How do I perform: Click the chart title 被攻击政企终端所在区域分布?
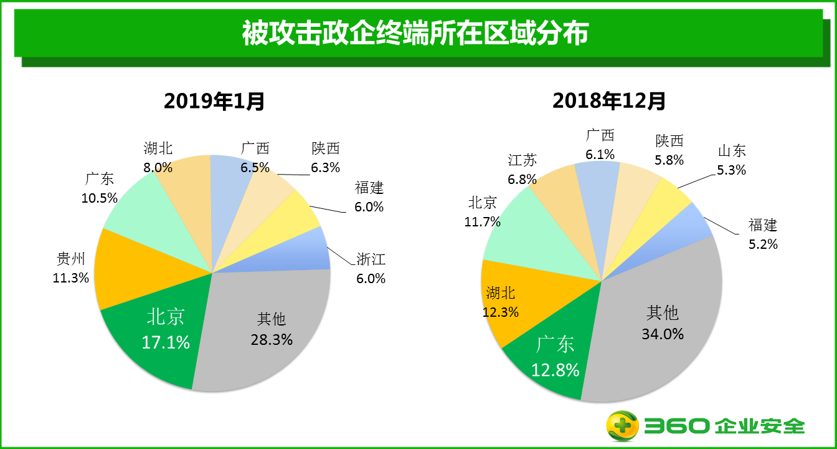pos(415,34)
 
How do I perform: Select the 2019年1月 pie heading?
pos(214,100)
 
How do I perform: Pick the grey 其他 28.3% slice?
pos(268,331)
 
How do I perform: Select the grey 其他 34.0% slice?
pos(660,324)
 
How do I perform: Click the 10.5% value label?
pos(99,198)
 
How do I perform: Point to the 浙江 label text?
pos(371,259)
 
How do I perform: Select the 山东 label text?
pos(732,151)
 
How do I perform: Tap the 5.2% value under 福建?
pos(763,244)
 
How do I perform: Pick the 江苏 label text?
pos(522,160)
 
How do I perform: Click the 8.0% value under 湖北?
pos(158,167)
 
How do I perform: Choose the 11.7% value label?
pos(482,221)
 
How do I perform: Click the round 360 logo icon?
pos(623,427)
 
